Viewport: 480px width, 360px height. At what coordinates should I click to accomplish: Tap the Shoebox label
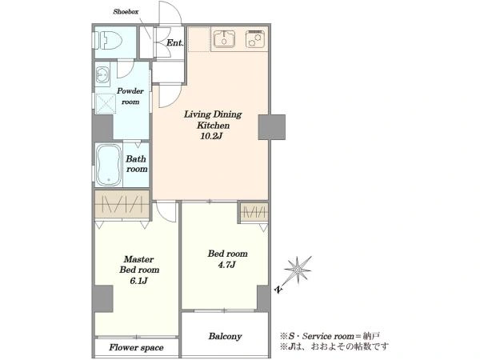coord(126,12)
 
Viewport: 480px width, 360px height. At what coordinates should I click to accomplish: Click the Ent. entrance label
coord(174,43)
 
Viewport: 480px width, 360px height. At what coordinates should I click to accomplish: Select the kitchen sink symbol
coord(224,39)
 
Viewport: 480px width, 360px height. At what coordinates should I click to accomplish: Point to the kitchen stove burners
coord(255,39)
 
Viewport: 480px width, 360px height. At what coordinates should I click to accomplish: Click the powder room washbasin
coord(102,74)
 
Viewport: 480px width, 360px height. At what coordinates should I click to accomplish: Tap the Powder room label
coord(130,96)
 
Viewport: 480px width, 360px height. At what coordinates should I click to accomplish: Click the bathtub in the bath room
coord(108,165)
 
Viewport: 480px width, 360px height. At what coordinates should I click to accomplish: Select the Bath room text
coord(137,164)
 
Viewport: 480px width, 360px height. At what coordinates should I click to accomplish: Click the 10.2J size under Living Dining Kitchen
coord(211,136)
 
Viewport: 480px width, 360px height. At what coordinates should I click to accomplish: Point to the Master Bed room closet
coord(122,205)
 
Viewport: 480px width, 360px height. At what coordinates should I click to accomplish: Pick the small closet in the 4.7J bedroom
coord(254,212)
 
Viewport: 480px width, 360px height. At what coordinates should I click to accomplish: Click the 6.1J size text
coord(139,281)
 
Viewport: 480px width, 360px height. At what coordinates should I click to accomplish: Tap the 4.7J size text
coord(227,265)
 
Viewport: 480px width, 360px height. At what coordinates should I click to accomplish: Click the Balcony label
coord(226,337)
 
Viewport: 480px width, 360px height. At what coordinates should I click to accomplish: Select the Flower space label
coord(136,347)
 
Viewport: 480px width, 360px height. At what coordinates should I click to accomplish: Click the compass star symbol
coord(298,270)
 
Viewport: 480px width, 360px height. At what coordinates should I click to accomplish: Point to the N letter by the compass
coord(278,289)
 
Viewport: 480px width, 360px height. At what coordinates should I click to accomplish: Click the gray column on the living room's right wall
coord(272,127)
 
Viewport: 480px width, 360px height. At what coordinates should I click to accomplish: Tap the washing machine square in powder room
coord(106,103)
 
